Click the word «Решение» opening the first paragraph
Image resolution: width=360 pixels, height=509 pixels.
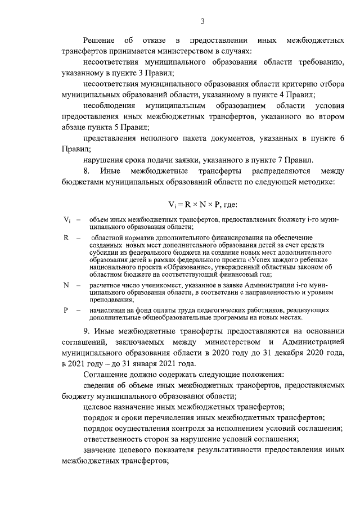point(99,42)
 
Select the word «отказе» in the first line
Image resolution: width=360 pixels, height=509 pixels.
point(154,42)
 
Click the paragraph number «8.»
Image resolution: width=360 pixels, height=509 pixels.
point(87,170)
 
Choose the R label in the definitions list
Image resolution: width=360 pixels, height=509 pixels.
point(65,238)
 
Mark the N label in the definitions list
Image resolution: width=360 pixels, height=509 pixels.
point(66,286)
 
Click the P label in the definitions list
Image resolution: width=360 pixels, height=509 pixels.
point(65,310)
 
